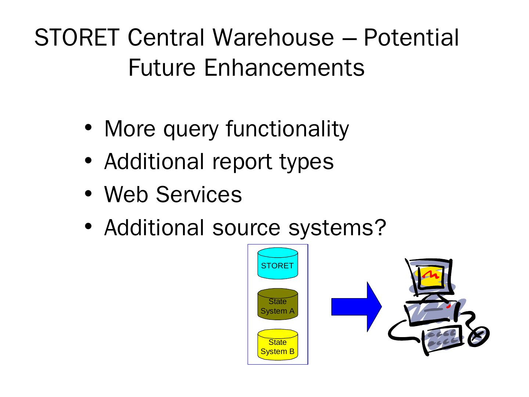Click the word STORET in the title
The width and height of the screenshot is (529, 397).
[x=76, y=37]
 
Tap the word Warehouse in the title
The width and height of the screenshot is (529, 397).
[x=273, y=37]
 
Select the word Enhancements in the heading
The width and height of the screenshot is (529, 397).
[x=284, y=68]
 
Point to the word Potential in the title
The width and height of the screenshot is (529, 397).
[x=411, y=37]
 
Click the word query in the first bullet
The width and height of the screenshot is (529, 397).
[x=191, y=129]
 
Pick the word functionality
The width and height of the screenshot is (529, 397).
[x=287, y=129]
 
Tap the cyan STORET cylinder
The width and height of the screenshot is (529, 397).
[x=277, y=264]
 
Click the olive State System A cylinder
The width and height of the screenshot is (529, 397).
[x=277, y=305]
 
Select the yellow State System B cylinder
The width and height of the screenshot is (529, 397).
[x=277, y=345]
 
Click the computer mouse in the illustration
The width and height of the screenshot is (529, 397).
[x=478, y=336]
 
